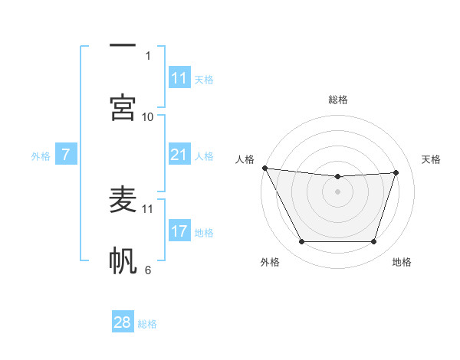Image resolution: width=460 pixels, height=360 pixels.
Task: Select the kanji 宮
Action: pos(123,107)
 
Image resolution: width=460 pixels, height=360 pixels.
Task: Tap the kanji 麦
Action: pos(123,201)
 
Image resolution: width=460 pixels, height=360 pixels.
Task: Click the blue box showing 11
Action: pos(179,78)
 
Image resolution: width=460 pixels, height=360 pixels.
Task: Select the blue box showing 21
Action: pos(179,155)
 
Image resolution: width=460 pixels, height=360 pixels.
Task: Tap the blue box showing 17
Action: pos(179,231)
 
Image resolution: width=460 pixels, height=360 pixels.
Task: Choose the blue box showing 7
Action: pos(66,155)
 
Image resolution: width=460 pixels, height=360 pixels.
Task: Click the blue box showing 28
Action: pos(123,322)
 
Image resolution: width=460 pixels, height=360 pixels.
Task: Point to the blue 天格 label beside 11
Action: pos(203,79)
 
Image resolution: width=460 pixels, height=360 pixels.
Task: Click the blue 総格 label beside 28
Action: pos(147,324)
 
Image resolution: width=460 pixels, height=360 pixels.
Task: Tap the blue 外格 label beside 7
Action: pos(41,156)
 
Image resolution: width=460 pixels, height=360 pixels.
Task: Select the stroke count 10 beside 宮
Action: pos(148,116)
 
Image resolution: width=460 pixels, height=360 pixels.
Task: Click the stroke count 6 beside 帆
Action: pos(148,269)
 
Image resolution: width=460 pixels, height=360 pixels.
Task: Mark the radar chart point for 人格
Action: pos(264,168)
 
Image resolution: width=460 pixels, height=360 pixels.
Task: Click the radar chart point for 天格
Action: pos(396,172)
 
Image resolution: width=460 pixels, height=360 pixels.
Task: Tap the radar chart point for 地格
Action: pos(374,242)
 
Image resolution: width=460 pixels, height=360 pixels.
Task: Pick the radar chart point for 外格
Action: pos(301,242)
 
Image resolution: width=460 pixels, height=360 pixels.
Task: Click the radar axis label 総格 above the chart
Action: pos(338,100)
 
